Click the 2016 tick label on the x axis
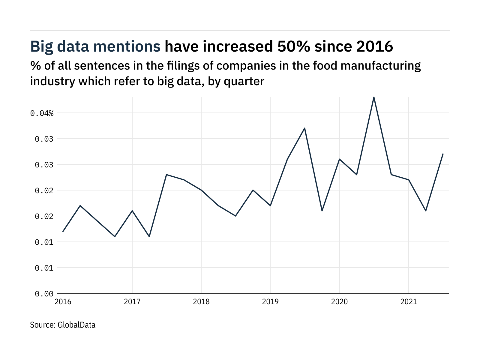click(x=63, y=301)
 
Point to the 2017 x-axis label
click(x=132, y=301)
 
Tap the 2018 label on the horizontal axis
click(x=201, y=301)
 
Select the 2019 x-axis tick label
click(x=270, y=301)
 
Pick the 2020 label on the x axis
click(x=339, y=301)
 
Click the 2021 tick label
click(x=409, y=301)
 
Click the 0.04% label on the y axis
click(x=42, y=113)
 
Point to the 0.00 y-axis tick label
click(x=44, y=294)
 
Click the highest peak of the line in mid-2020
click(x=374, y=97)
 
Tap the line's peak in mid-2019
click(x=305, y=128)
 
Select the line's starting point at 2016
click(x=63, y=231)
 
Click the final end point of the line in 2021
click(x=443, y=154)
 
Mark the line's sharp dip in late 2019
click(x=322, y=211)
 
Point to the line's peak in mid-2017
click(x=166, y=174)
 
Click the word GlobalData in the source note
click(x=76, y=325)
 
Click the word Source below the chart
click(x=42, y=325)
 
